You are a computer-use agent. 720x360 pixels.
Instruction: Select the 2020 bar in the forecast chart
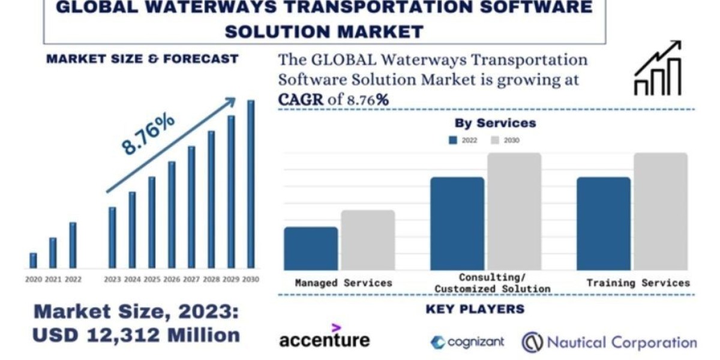33,260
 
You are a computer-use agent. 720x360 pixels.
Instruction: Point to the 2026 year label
172,280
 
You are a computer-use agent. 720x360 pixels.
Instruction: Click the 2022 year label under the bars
73,280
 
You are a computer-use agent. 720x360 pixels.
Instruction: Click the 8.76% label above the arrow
148,133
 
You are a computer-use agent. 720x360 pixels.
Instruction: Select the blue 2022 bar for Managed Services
311,248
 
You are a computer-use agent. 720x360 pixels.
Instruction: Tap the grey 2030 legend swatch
495,140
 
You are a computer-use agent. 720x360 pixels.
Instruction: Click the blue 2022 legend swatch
453,140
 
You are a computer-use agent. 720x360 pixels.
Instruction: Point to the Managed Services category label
343,283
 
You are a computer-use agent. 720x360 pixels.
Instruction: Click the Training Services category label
638,283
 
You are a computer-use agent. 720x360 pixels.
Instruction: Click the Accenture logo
325,338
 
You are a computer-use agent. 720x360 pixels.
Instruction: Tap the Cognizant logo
467,342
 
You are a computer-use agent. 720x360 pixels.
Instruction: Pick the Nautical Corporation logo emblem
532,343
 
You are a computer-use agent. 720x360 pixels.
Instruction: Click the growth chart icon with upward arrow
658,68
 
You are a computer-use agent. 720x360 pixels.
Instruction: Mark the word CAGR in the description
301,100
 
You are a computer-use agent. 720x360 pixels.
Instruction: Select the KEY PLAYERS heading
475,310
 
